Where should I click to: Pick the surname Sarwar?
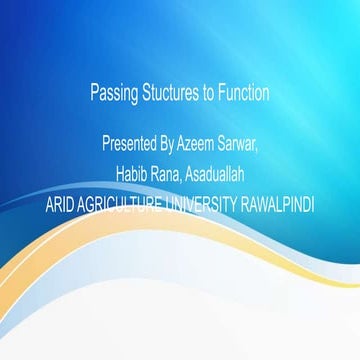[x=236, y=144]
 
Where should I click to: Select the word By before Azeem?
[x=165, y=145]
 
